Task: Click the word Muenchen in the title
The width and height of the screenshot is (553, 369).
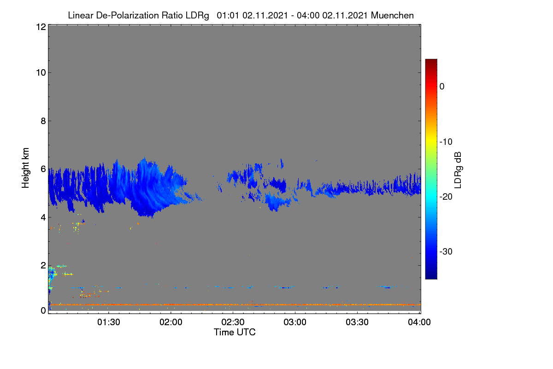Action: click(392, 16)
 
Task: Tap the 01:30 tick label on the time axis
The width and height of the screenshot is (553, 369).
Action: click(109, 322)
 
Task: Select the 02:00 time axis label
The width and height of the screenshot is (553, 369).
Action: click(171, 322)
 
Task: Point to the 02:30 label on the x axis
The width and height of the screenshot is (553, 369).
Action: click(233, 322)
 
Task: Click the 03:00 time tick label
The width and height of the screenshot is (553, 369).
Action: click(295, 322)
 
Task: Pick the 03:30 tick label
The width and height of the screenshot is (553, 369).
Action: click(357, 322)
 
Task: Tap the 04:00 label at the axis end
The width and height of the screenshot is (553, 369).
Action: click(419, 322)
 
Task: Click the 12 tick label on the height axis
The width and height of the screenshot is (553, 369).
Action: click(41, 27)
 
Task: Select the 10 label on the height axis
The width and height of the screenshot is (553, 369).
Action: click(41, 73)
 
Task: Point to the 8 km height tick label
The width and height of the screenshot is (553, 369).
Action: click(43, 121)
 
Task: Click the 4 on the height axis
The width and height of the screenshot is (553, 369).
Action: click(43, 218)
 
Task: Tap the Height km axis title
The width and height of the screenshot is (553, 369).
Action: click(25, 168)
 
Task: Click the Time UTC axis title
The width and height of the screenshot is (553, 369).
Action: click(235, 332)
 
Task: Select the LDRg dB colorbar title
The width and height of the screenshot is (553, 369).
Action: click(458, 170)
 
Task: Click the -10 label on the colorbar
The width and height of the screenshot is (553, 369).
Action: click(446, 142)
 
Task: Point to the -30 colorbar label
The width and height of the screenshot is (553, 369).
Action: click(446, 251)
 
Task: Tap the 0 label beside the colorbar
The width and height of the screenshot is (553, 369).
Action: click(442, 87)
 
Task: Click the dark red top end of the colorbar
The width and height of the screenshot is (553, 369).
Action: click(431, 60)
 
